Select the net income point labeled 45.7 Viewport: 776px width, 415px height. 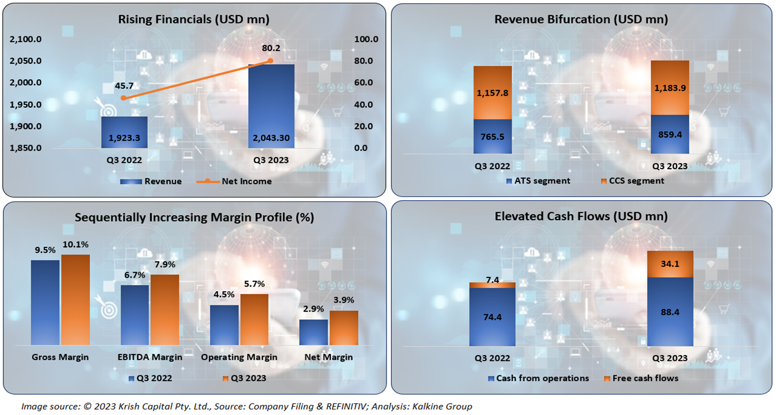[124, 98]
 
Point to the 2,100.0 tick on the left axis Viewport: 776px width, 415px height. [26, 39]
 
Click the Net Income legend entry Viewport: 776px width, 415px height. [246, 182]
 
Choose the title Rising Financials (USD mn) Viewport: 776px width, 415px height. [194, 20]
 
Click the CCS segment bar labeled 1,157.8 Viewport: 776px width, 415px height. [492, 93]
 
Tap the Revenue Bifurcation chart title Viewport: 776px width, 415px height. [581, 20]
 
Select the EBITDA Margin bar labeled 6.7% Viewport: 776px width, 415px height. [135, 314]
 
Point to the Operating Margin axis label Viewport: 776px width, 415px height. [239, 357]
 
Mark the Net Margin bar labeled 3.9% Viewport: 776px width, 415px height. [344, 327]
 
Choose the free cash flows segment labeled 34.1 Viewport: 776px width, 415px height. [670, 264]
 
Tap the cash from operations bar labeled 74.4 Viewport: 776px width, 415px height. [492, 317]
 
